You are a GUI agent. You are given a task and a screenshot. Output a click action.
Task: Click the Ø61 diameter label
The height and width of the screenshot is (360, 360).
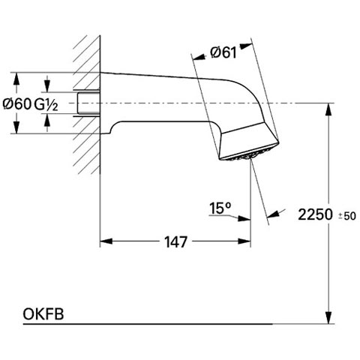(223, 52)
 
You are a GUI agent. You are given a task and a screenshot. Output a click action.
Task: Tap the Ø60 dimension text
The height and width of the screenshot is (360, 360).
(17, 103)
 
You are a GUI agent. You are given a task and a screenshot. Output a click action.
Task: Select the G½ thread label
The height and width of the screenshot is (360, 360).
(46, 104)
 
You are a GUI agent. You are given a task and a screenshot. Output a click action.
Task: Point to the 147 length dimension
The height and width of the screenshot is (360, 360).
(175, 242)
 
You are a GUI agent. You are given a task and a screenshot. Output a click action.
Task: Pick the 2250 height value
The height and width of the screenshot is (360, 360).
(316, 214)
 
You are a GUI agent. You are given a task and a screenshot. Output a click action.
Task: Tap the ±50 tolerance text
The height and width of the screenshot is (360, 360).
(347, 216)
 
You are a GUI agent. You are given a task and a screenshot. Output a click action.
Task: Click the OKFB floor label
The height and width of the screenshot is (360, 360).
(43, 314)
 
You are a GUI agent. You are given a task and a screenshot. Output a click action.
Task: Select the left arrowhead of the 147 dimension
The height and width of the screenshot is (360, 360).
(106, 241)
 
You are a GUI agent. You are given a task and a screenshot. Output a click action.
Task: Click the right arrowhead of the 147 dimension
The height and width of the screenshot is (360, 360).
(244, 241)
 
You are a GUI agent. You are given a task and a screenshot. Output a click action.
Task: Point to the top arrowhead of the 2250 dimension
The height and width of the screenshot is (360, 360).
(328, 109)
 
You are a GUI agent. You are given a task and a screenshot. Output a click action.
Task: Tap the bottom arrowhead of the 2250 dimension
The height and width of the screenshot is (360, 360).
(328, 317)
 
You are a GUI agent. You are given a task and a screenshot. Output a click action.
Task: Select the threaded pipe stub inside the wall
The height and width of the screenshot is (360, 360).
(88, 103)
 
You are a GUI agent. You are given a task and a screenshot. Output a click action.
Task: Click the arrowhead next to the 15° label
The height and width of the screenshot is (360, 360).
(244, 218)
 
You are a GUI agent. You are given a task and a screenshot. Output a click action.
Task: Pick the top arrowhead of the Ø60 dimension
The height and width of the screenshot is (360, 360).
(16, 79)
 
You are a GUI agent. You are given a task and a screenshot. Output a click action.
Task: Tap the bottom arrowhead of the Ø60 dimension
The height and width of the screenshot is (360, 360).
(16, 127)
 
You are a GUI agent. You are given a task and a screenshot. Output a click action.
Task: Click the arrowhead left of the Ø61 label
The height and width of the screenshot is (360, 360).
(199, 57)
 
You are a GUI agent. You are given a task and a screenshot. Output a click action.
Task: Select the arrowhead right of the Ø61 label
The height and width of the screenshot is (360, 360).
(246, 46)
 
